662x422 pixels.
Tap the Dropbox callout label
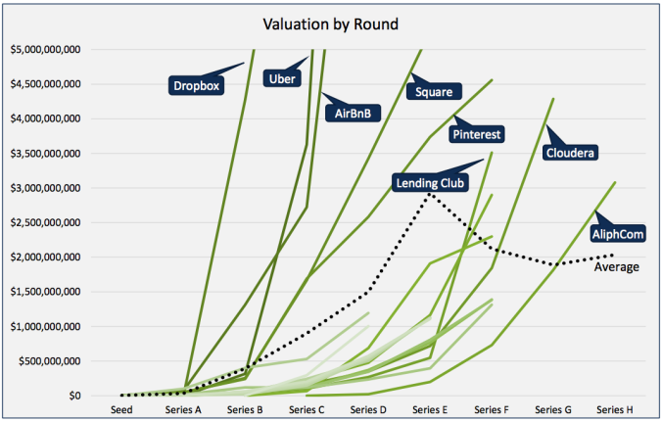point(196,85)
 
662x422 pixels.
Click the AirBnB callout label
point(352,114)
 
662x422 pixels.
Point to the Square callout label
point(432,93)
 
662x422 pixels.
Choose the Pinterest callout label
point(477,133)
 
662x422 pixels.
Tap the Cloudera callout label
point(572,153)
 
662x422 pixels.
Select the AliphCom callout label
point(617,234)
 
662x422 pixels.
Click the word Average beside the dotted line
point(617,266)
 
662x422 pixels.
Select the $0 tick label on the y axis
point(74,396)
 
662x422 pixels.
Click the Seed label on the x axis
point(121,411)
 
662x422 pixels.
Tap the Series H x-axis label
point(614,411)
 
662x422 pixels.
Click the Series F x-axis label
point(491,411)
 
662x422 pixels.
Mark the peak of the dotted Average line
point(429,194)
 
